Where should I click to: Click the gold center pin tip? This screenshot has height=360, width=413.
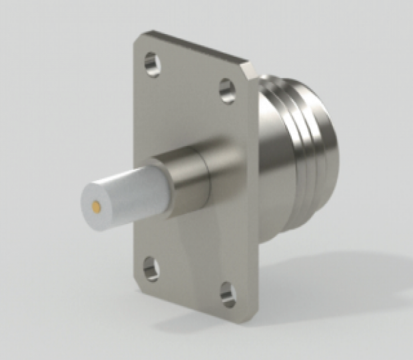pyautogui.click(x=98, y=207)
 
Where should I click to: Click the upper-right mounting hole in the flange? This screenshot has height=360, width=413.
pyautogui.click(x=228, y=90)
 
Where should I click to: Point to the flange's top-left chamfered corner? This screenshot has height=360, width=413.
pyautogui.click(x=137, y=40)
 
